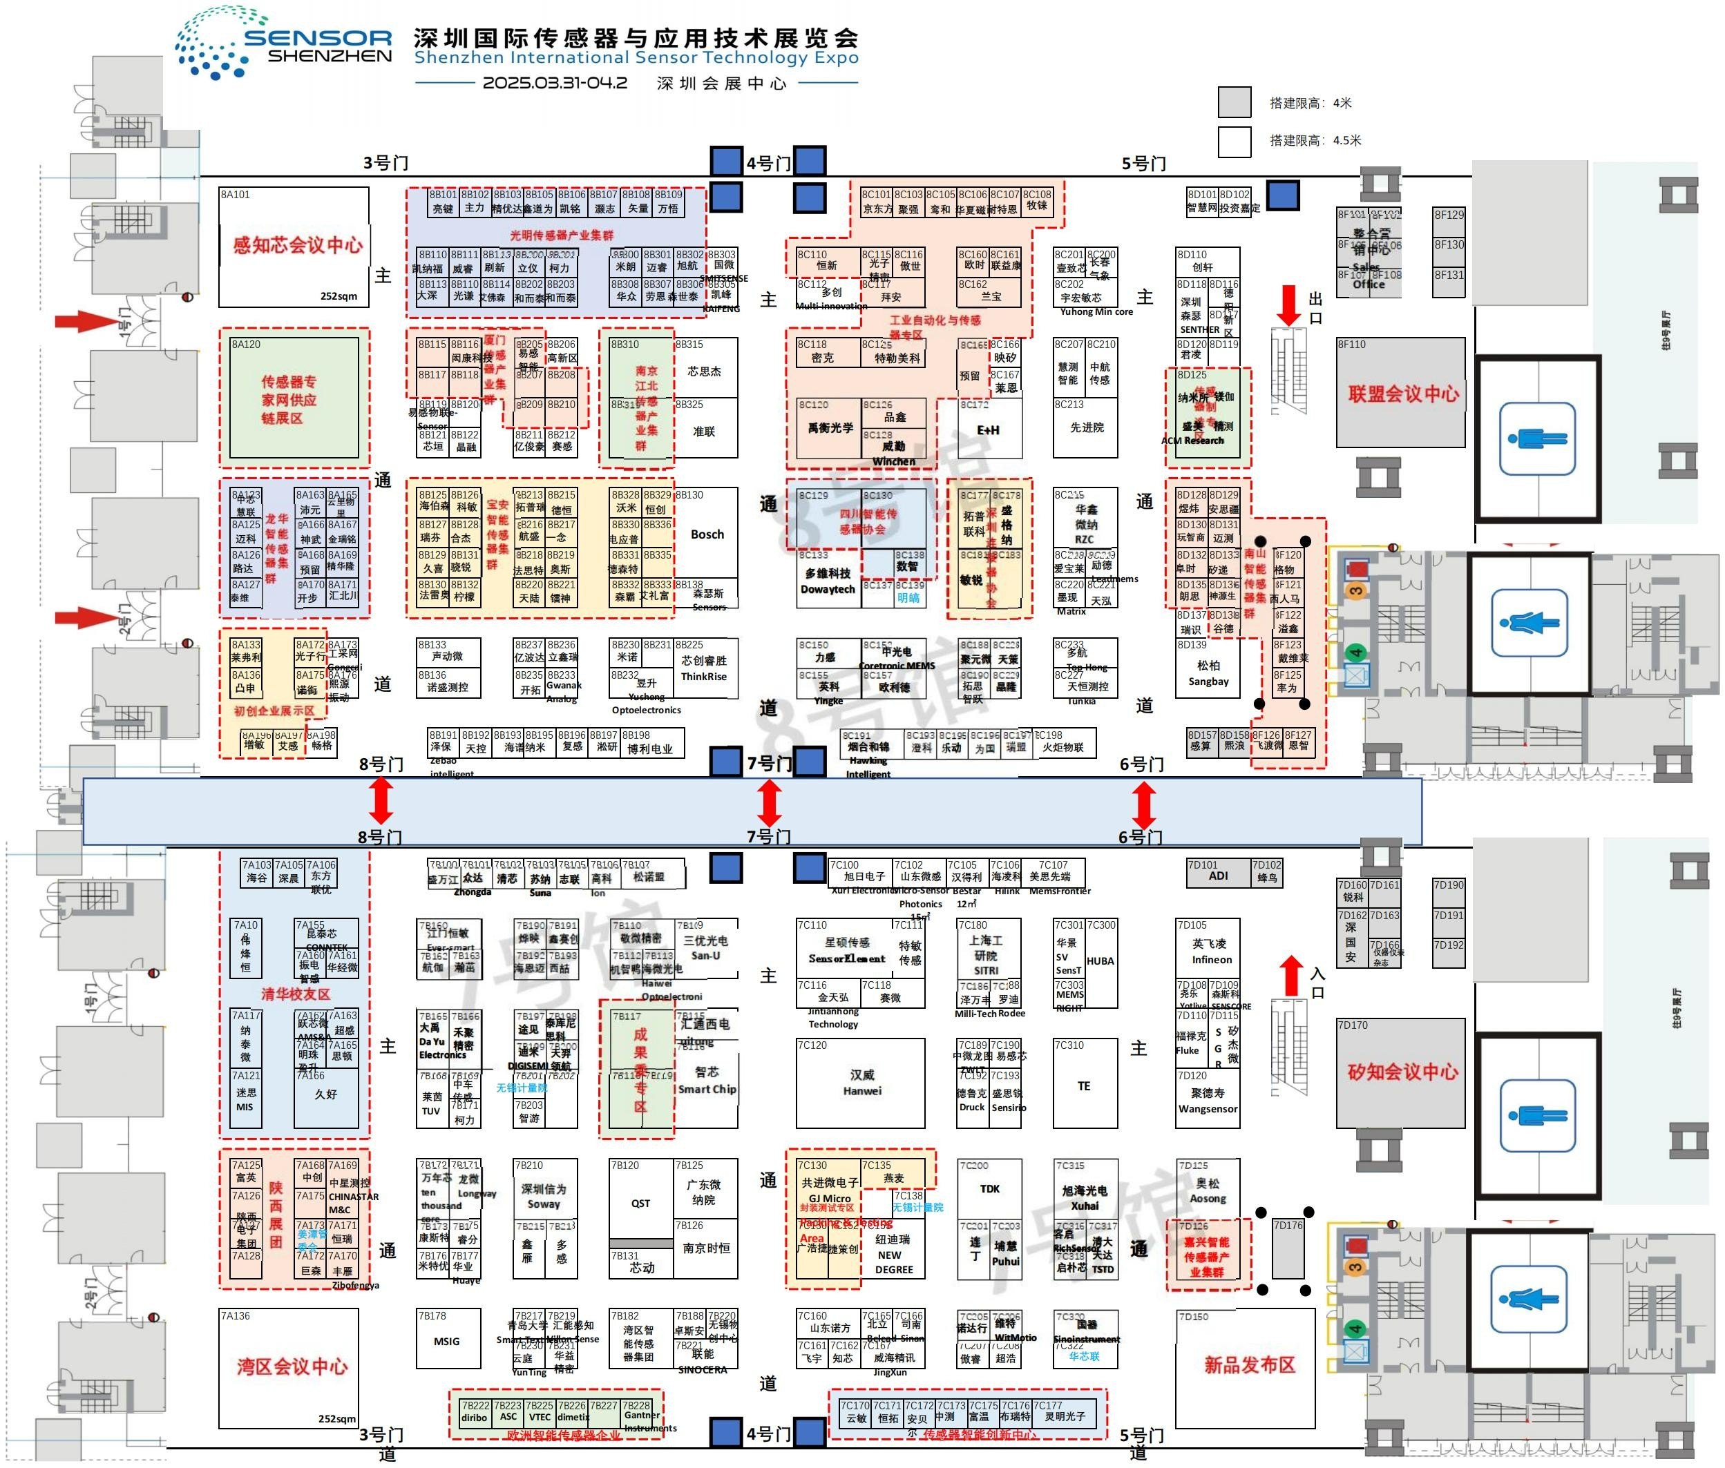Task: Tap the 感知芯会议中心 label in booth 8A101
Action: (x=297, y=244)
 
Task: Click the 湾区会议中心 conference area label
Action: (x=292, y=1366)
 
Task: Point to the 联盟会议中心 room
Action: (x=1403, y=394)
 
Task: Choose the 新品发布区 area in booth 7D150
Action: (x=1249, y=1365)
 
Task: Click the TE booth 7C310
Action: (x=1084, y=1085)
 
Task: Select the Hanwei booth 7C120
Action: (x=861, y=1083)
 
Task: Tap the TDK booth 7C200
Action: (x=989, y=1188)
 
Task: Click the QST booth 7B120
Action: (x=640, y=1203)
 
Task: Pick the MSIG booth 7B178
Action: (x=447, y=1341)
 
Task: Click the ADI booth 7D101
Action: (x=1218, y=876)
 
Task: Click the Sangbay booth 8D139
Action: (x=1208, y=673)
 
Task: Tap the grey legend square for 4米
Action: (x=1234, y=102)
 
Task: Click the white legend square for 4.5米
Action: (x=1234, y=141)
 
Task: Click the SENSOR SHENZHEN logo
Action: (x=283, y=44)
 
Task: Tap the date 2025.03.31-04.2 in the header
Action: (x=555, y=84)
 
